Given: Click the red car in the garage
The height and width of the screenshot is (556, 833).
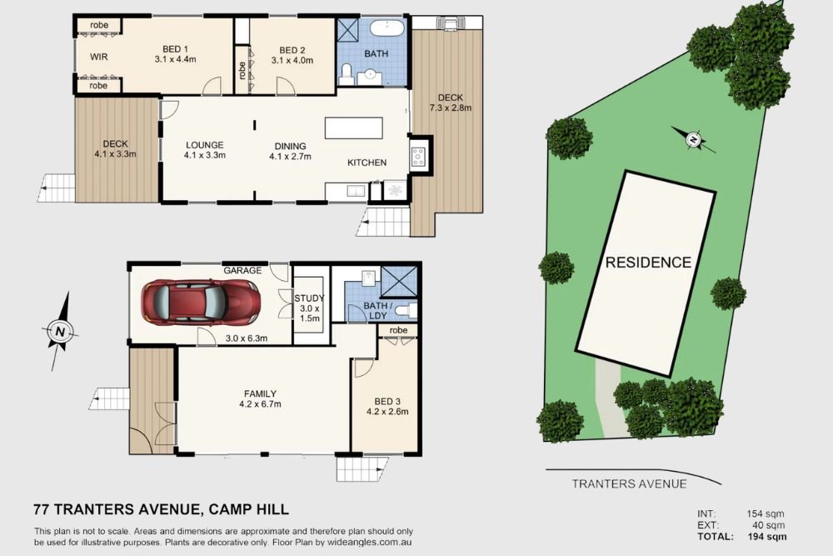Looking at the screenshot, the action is click(x=201, y=302).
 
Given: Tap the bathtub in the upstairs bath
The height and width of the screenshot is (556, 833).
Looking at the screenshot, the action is click(x=387, y=28).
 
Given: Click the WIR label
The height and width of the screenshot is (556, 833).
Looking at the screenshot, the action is click(x=99, y=57).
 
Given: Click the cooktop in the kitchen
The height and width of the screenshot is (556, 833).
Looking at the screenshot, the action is click(x=418, y=157).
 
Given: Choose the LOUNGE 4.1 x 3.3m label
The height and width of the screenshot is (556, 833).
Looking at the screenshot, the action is click(x=205, y=150).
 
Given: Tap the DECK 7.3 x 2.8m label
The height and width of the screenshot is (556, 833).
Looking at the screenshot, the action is click(x=451, y=103).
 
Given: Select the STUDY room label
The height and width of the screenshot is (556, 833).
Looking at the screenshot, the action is click(x=309, y=298).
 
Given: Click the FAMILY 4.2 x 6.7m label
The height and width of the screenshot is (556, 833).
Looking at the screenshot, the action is click(x=260, y=398).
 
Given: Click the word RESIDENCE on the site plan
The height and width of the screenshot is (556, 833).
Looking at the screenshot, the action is click(x=648, y=262).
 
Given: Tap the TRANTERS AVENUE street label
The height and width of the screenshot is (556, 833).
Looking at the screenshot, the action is click(x=629, y=483).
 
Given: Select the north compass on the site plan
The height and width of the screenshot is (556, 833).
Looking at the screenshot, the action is click(x=693, y=140).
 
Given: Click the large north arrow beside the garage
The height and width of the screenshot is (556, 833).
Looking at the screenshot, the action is click(x=60, y=331).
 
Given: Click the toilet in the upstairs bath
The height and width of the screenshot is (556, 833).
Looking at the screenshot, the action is click(x=346, y=75).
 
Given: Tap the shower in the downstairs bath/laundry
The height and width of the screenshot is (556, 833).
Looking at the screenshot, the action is click(x=399, y=281).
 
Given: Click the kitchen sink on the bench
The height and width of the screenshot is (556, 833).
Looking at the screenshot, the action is click(x=353, y=191).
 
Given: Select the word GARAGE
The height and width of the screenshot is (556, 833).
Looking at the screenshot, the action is click(x=242, y=270).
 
